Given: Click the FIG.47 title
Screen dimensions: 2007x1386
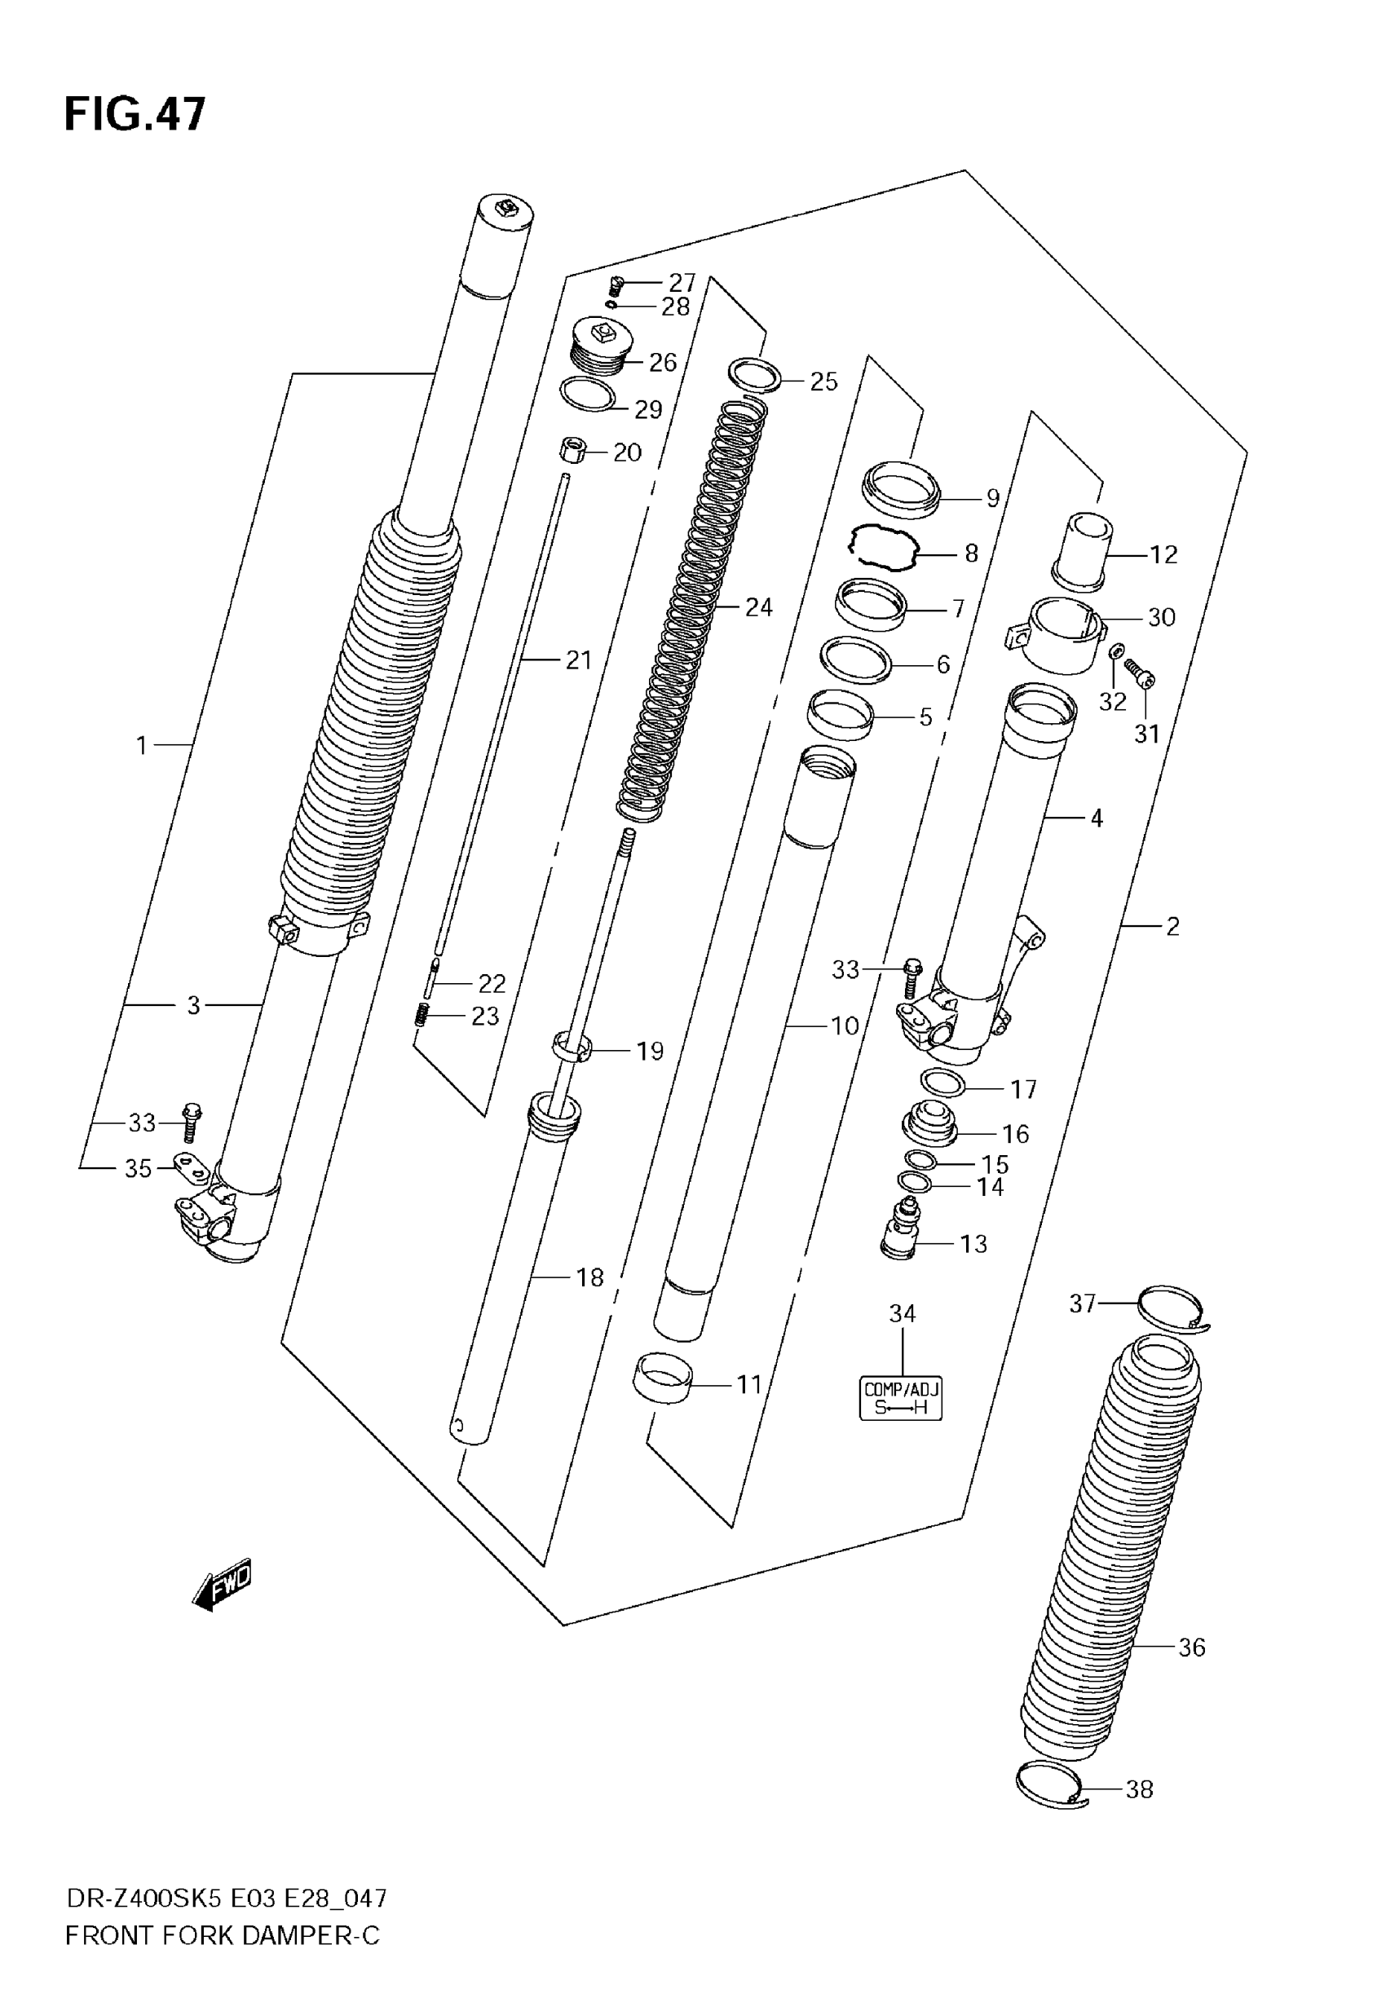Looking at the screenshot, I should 135,115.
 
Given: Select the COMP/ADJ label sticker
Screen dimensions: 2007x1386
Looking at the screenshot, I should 901,1399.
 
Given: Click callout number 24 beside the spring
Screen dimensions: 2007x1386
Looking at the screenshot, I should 758,607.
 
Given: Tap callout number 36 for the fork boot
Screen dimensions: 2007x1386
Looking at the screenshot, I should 1191,1647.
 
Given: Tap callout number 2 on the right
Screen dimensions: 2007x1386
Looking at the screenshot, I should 1172,926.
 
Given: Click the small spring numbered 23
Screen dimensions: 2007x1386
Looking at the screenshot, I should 422,1013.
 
